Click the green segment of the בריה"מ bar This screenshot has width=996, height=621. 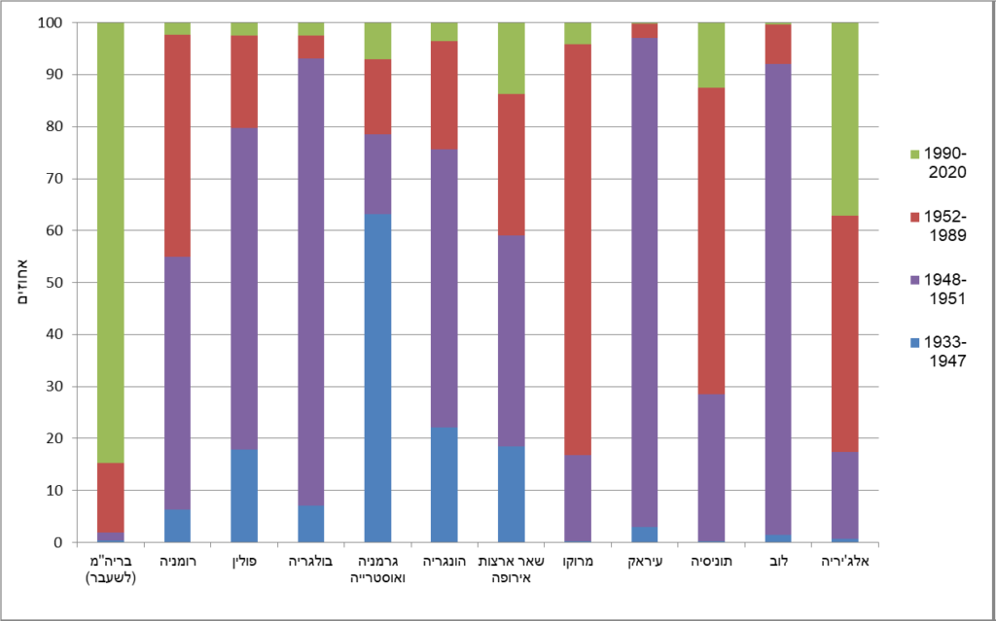pos(110,242)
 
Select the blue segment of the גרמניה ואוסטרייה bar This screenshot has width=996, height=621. pos(377,378)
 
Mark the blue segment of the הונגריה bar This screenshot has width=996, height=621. pos(445,485)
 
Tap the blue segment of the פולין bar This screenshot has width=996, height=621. pos(243,496)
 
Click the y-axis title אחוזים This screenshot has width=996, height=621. pos(20,283)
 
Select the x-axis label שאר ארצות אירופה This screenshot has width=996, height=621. pos(512,570)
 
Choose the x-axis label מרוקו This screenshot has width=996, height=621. pos(578,563)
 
